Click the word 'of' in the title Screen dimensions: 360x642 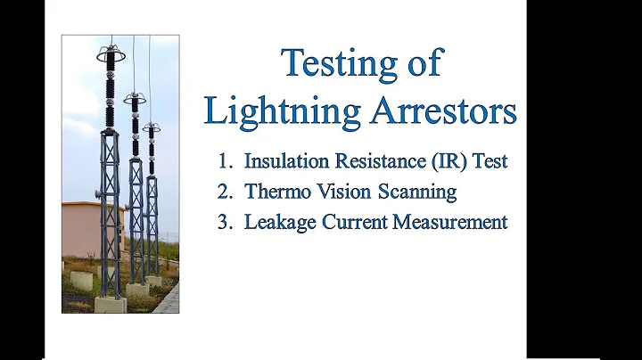point(419,64)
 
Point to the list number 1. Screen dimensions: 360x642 point(224,162)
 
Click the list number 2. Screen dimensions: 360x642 point(224,192)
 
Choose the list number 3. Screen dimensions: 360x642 point(224,222)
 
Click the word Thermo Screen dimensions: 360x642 point(276,192)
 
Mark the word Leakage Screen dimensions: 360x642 point(276,222)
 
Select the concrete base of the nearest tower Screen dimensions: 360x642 point(110,304)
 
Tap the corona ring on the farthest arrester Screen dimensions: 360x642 point(151,127)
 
